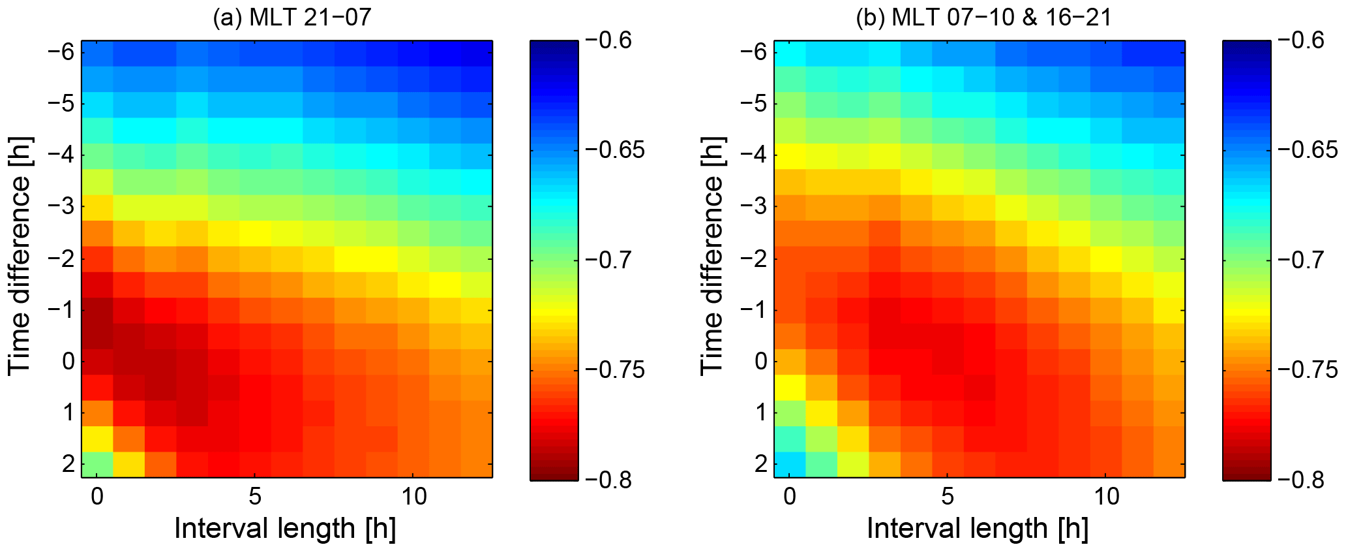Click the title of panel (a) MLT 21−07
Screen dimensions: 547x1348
point(292,17)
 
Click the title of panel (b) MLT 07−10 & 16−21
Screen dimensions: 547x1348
point(984,17)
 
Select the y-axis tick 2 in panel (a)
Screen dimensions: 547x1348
point(68,464)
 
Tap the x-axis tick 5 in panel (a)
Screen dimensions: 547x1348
point(255,497)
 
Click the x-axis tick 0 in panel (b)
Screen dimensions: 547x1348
point(790,497)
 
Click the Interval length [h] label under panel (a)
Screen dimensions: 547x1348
point(285,528)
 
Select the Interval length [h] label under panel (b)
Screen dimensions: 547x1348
point(978,528)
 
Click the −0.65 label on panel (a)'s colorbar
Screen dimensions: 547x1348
point(615,150)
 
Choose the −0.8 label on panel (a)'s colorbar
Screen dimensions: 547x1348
point(609,480)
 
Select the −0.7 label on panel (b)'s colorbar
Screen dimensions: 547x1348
point(1302,260)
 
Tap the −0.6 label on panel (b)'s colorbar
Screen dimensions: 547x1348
point(1302,40)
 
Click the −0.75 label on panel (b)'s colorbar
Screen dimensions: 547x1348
point(1308,370)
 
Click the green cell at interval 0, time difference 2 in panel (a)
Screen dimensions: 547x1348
point(97,464)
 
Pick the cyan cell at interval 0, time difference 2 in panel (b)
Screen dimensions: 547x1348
point(790,464)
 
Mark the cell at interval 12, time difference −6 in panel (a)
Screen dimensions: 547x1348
point(477,53)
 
